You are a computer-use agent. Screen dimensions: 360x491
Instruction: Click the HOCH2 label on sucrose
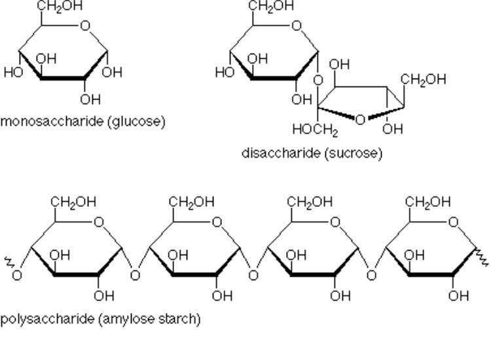316,129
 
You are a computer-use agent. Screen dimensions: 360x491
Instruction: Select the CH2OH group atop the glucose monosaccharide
60,6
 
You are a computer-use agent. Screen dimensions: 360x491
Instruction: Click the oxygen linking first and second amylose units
135,274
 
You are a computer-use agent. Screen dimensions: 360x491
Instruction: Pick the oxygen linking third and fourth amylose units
371,274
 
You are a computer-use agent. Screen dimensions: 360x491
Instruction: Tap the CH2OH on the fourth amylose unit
428,202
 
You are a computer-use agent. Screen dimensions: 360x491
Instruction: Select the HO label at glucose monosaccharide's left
12,72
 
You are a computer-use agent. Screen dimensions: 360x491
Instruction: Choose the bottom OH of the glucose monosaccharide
90,99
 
